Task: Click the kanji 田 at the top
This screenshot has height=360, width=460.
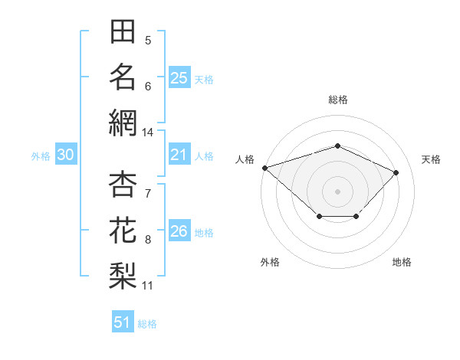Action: (123, 31)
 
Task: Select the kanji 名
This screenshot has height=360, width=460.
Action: (123, 77)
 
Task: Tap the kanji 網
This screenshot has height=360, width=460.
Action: (123, 123)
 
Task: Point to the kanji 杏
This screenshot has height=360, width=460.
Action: (123, 184)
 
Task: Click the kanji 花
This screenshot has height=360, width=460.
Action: (123, 230)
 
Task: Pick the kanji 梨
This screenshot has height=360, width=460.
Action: (123, 276)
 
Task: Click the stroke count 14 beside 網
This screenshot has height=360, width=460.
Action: (147, 133)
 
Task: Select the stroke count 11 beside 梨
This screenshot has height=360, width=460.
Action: (147, 286)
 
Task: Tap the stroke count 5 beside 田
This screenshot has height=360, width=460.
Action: (148, 41)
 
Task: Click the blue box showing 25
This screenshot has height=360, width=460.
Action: (179, 77)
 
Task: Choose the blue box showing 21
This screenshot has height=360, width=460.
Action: (179, 154)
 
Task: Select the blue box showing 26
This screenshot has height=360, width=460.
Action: (179, 230)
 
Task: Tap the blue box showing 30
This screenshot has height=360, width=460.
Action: (66, 154)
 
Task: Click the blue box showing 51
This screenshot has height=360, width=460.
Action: (123, 321)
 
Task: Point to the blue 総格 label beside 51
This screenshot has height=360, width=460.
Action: (147, 324)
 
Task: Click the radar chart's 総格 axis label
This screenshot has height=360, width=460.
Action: (338, 100)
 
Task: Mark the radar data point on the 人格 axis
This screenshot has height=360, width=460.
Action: (265, 168)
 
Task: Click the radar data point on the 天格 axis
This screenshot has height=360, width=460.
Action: (396, 172)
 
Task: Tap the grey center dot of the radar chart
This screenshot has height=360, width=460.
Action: (337, 191)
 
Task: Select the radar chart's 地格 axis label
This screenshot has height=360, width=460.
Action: (402, 262)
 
